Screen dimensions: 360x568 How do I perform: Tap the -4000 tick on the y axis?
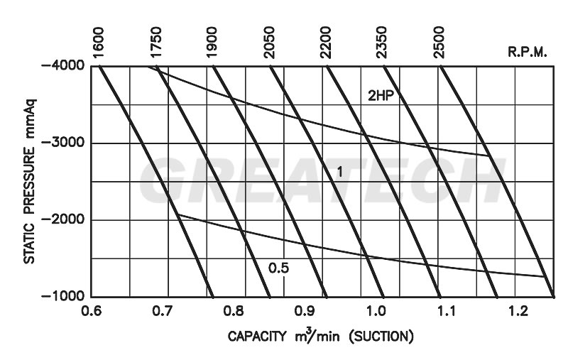[x=64, y=66]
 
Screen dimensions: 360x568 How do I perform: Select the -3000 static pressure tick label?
[x=64, y=143]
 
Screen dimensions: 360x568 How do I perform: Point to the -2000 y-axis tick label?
[x=64, y=220]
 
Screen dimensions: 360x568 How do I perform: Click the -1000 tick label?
[x=64, y=297]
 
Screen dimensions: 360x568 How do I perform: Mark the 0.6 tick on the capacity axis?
[x=92, y=312]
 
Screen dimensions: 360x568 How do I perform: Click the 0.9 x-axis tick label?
[x=304, y=312]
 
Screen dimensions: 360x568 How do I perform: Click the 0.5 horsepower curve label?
[x=279, y=268]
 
